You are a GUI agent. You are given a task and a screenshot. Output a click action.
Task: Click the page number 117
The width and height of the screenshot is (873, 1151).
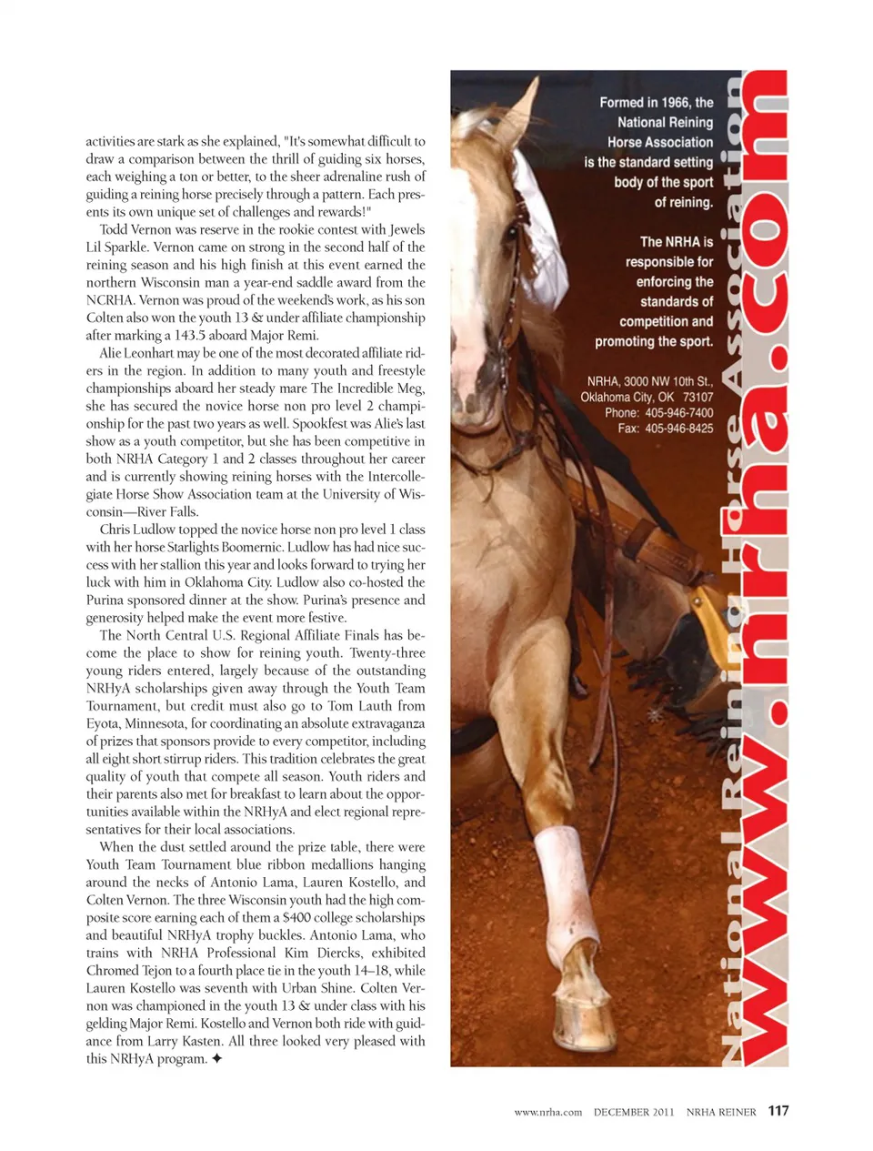coord(778,1110)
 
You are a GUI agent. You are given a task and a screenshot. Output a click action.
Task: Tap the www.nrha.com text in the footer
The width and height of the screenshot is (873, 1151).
coord(547,1112)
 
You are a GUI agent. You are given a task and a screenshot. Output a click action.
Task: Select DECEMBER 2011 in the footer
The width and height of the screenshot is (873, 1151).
coord(634,1112)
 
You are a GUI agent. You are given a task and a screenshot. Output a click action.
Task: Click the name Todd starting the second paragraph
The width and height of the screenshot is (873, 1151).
coord(114,229)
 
